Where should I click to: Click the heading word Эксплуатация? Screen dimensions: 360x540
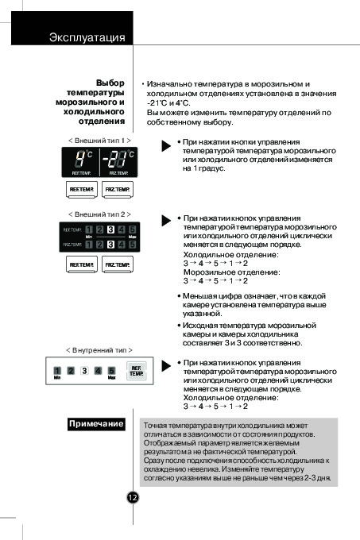(87, 37)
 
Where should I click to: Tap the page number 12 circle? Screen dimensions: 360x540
(133, 497)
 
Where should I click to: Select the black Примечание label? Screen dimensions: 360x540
(96, 423)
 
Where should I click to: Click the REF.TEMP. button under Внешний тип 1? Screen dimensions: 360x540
(82, 190)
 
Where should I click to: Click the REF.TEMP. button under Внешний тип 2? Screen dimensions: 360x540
(82, 264)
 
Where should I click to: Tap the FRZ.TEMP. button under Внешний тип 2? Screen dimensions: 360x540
(118, 264)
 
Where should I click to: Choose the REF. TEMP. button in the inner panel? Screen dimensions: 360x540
(137, 371)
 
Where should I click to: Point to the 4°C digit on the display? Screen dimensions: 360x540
(80, 159)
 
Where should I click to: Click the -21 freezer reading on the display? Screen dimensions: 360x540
(114, 159)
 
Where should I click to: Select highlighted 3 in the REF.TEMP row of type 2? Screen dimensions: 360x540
(110, 229)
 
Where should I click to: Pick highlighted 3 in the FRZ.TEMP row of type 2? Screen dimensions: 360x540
(110, 245)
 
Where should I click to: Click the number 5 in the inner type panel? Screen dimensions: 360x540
(111, 371)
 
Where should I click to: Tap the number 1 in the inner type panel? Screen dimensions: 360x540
(57, 371)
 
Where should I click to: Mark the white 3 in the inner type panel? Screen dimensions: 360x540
(84, 371)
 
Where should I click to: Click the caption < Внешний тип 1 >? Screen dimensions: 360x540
(99, 141)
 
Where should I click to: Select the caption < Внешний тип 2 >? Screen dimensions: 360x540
(99, 214)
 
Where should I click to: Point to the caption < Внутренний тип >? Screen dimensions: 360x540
(99, 350)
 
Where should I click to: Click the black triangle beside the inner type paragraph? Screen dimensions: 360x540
(166, 366)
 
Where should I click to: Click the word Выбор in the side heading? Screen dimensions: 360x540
(110, 83)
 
